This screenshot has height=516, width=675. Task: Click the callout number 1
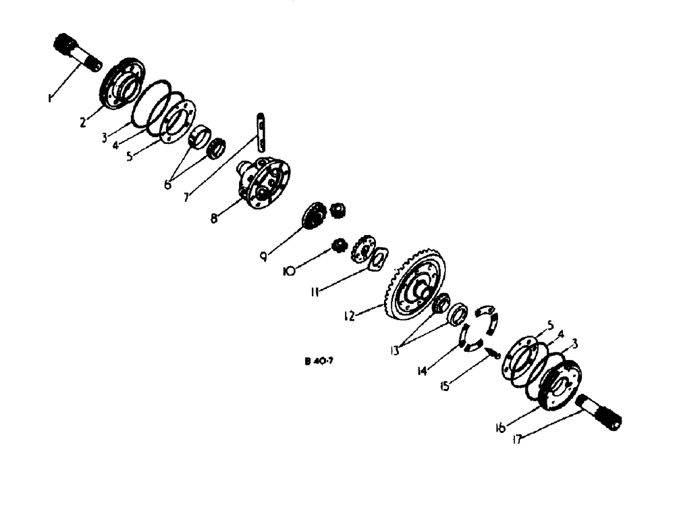pos(49,99)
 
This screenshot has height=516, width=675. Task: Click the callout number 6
pos(168,182)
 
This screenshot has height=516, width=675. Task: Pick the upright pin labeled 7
pos(262,133)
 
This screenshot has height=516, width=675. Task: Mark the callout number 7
pos(187,197)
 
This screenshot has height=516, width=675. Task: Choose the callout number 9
pos(265,256)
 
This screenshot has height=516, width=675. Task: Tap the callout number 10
pos(290,272)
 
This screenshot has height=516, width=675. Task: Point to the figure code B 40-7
pos(318,362)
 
